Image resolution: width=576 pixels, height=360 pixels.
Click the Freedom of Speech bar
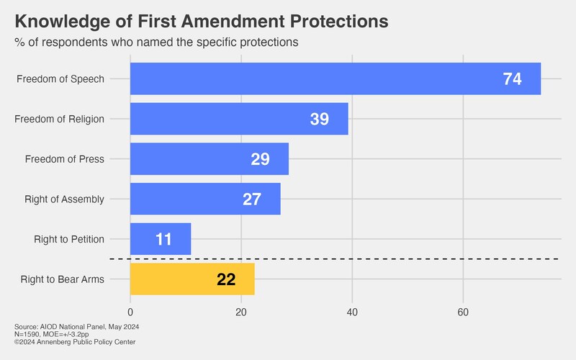pos(336,78)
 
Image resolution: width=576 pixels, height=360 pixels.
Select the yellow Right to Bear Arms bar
pos(192,279)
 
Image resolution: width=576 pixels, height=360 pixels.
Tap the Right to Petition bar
pos(161,239)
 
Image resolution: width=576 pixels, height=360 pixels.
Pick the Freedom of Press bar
pos(210,158)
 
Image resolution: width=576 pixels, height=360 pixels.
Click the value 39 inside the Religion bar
pos(319,119)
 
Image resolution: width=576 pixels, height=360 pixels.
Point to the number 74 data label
pos(512,79)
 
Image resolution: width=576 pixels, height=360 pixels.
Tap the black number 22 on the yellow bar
pos(226,279)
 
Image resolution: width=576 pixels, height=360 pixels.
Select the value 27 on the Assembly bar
pos(251,199)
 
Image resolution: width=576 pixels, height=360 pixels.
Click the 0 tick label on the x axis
pos(130,312)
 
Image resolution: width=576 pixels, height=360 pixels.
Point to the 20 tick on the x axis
pos(241,312)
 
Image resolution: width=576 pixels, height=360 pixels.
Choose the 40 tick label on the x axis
pos(352,312)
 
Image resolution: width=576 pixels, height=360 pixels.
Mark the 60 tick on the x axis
pos(463,312)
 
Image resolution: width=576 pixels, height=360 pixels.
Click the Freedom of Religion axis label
pos(59,119)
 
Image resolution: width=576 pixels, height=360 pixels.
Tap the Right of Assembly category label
pos(64,199)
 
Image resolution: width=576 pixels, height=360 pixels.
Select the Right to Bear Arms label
pos(63,279)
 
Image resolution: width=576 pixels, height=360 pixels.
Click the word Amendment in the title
pos(233,21)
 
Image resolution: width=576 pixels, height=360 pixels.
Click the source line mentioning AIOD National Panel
pos(77,327)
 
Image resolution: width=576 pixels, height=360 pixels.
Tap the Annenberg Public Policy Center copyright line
pos(75,342)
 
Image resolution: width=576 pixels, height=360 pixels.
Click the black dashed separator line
pos(334,259)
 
